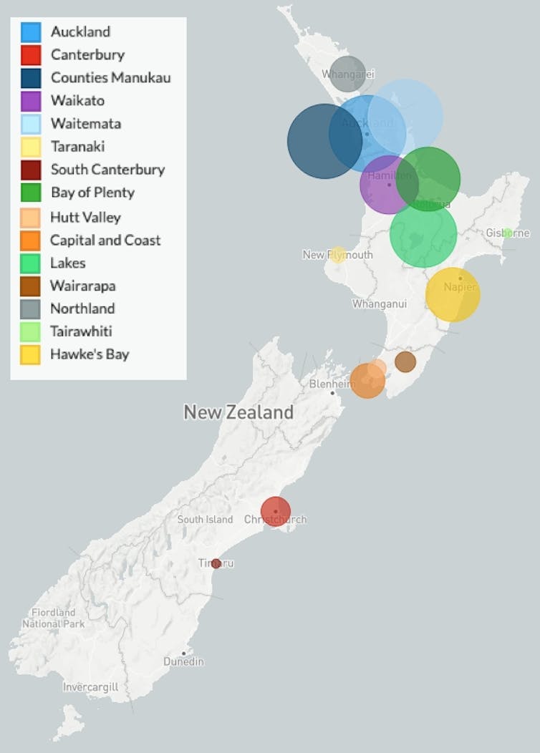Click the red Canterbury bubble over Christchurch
pos(275,511)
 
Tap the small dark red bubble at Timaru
pos(216,563)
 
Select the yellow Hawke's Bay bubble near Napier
pos(453,294)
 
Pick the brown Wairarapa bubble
pos(405,361)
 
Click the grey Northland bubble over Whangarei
pos(347,74)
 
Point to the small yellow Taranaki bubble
pos(338,254)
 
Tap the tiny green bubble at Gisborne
pos(507,233)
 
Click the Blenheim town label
pos(332,384)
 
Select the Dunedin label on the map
pos(183,661)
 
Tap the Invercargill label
pos(90,687)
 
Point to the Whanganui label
pos(379,303)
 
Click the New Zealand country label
pos(238,412)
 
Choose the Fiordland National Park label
pos(53,618)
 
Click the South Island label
pos(205,519)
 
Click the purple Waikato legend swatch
pos(31,101)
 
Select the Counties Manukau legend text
pos(110,77)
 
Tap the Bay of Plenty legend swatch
pos(31,193)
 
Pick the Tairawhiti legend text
pos(81,331)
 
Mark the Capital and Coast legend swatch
pos(31,240)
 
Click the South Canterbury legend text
pos(107,170)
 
